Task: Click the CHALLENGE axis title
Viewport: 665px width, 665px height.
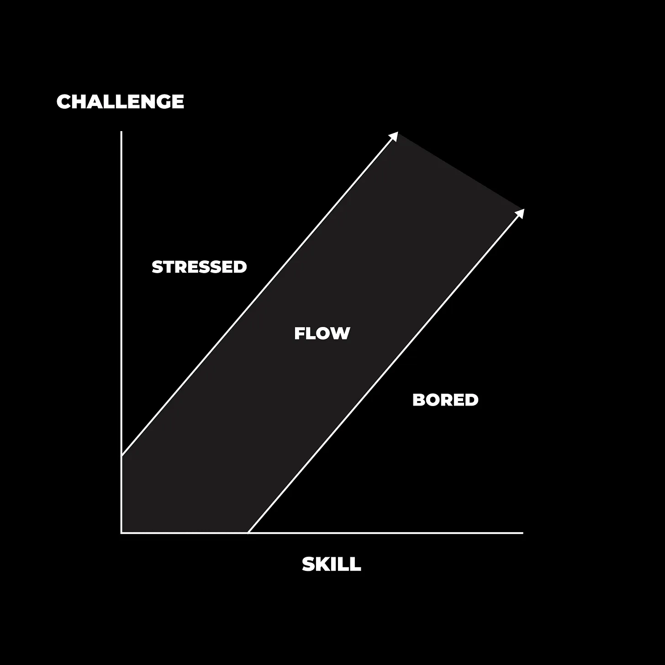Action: pos(120,101)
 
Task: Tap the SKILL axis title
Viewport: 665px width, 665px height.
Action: pos(332,565)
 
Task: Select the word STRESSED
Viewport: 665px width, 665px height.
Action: pos(199,267)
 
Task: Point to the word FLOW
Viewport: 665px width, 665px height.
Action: pos(322,333)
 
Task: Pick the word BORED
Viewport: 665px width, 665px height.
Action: pos(445,400)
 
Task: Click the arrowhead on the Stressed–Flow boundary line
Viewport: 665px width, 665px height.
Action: pos(394,136)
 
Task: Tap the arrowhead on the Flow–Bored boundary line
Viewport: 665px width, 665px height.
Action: pos(520,213)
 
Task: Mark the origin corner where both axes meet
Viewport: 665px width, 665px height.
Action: pos(121,533)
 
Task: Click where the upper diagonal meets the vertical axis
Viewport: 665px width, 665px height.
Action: pos(121,455)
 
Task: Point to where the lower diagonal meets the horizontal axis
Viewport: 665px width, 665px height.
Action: pos(248,533)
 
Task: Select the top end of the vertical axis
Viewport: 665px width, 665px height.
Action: pos(121,132)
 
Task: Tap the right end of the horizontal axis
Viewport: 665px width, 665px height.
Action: pos(522,533)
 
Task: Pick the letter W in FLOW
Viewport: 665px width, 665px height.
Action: pos(340,333)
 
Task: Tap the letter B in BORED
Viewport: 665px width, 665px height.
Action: pos(418,400)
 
